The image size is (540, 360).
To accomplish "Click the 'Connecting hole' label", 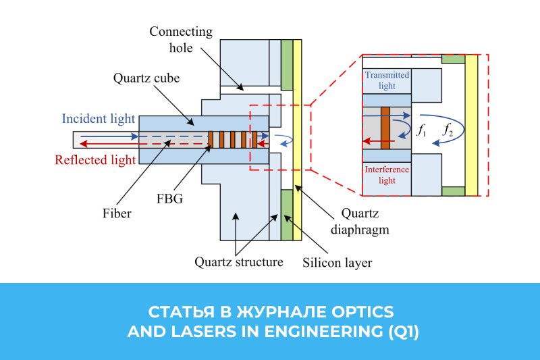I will point(180,40).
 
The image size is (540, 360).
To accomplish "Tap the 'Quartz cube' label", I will point(146,78).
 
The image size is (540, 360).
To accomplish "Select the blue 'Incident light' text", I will point(99,119).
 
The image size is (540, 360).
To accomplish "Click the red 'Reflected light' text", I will point(95,160).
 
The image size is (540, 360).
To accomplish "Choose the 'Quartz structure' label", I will point(238,261).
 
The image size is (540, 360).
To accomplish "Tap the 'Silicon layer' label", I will point(337,262).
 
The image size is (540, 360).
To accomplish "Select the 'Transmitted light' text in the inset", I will point(387,80).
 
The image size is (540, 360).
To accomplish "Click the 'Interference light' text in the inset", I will point(387,174).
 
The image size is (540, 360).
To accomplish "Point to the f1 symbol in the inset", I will point(421,130).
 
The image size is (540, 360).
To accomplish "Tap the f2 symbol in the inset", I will point(448,130).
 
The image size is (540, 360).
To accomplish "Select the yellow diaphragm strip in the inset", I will point(471,125).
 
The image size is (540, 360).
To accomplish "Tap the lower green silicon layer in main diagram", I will point(287,215).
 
